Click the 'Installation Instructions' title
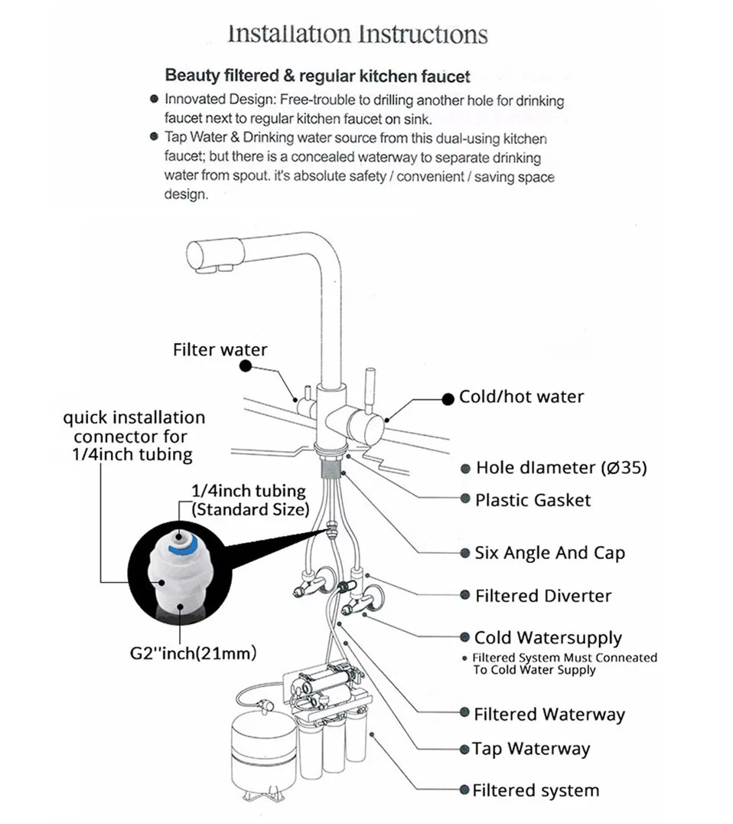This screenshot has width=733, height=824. (x=357, y=34)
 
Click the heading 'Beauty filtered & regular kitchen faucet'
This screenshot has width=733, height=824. (x=317, y=77)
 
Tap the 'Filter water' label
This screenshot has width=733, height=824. (x=220, y=349)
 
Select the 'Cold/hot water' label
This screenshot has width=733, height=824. (x=521, y=397)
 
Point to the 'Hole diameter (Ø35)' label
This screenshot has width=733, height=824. (x=562, y=468)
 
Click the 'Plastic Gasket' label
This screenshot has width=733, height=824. (x=533, y=500)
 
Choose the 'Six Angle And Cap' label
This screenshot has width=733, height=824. (x=549, y=553)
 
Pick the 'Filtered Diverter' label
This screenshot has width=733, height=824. (x=543, y=596)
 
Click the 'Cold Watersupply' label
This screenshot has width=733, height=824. (x=548, y=638)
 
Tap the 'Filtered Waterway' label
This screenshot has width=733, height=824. (x=549, y=714)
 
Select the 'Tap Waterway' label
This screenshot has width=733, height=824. (x=531, y=749)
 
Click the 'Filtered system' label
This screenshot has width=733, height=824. (x=536, y=790)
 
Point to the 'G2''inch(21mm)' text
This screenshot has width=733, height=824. (x=194, y=654)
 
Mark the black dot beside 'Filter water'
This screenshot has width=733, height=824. (x=246, y=366)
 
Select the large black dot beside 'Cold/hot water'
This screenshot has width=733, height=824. (x=448, y=400)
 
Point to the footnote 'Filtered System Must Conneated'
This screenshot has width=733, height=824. (x=565, y=658)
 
